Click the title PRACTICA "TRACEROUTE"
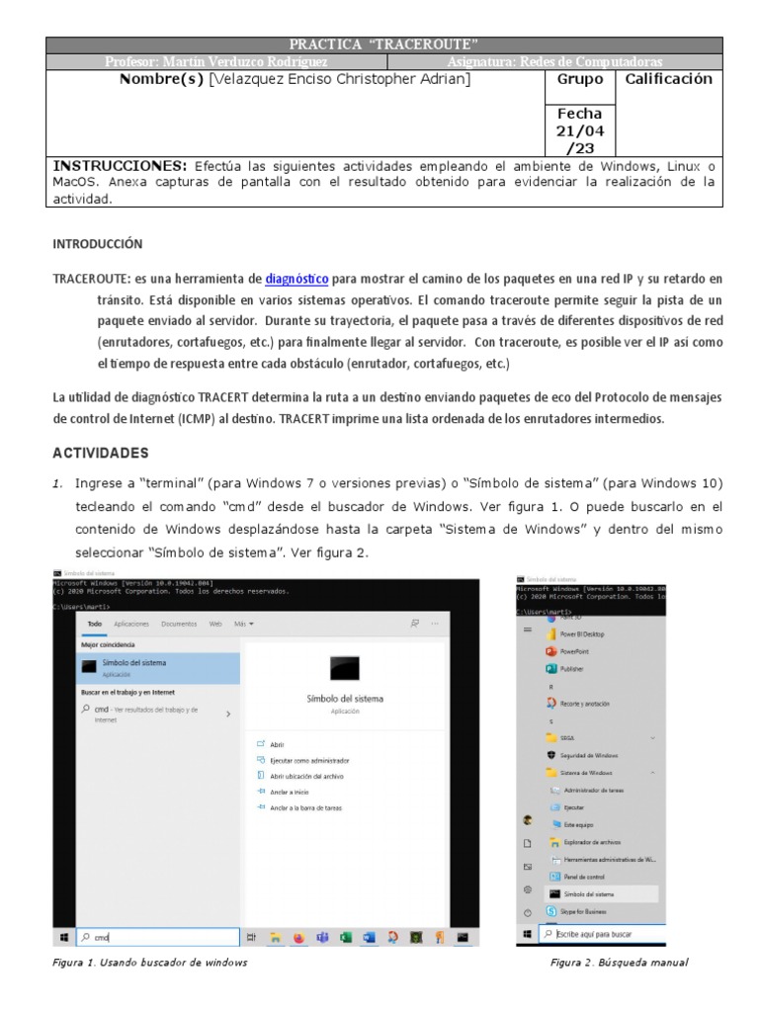383,44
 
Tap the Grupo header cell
579,79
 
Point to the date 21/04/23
579,130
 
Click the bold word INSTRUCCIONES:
120,166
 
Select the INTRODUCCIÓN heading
98,243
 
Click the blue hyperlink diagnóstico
296,279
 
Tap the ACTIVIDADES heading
100,453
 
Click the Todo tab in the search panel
95,625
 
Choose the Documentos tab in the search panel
179,625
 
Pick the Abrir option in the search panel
277,743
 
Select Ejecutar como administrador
308,761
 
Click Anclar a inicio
289,792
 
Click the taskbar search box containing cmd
158,936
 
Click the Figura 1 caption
149,963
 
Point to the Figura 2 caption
619,963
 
